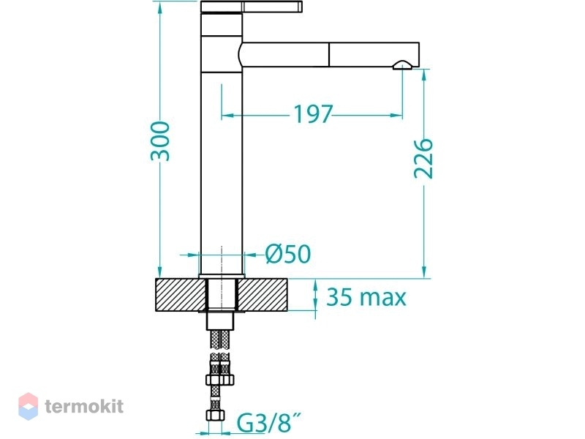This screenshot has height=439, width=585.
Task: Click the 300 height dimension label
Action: tap(160, 141)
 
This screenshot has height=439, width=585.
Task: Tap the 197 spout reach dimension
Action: tap(313, 114)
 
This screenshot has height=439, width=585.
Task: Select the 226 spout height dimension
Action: tap(424, 158)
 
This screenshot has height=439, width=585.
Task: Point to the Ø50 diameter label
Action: tap(288, 254)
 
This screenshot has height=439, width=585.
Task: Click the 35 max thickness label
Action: tap(366, 297)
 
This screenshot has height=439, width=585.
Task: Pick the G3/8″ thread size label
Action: tap(268, 423)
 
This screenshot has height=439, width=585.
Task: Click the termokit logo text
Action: tap(84, 406)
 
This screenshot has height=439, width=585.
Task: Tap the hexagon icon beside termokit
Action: tap(29, 406)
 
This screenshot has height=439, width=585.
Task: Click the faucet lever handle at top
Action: tap(252, 7)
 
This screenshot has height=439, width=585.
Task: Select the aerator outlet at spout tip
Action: tap(402, 66)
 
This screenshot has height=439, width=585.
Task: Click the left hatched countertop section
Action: tap(181, 295)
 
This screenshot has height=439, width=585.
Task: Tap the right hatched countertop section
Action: tap(263, 295)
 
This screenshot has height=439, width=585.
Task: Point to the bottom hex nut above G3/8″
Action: tap(216, 416)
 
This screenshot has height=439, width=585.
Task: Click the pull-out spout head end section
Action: tap(374, 55)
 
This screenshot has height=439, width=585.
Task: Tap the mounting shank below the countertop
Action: tap(221, 321)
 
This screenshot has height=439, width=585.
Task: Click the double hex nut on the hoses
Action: tap(220, 380)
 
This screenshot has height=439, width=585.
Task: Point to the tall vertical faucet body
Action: tap(222, 143)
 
